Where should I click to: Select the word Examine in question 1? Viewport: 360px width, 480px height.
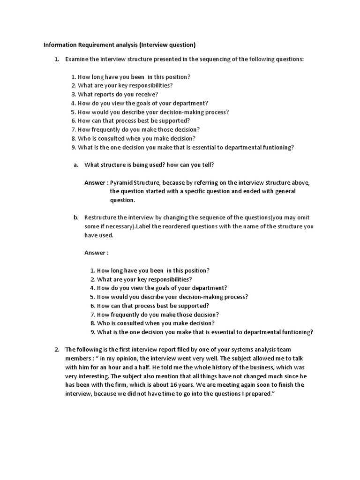point(77,60)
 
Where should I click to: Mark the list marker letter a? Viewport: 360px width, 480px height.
point(75,165)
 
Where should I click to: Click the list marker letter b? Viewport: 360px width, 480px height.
point(75,217)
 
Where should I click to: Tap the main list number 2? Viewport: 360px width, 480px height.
point(56,349)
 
